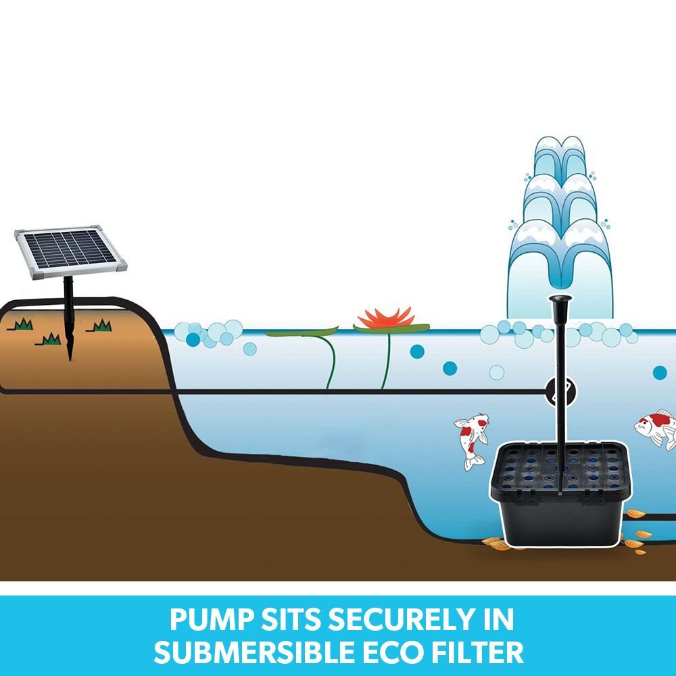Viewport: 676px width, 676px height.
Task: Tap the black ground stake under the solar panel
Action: tap(69, 318)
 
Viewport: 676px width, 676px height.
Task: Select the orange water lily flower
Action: tap(386, 318)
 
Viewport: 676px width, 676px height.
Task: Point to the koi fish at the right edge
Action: tap(657, 427)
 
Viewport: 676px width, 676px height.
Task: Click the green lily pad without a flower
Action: tap(301, 332)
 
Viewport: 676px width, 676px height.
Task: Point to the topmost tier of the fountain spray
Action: tap(560, 155)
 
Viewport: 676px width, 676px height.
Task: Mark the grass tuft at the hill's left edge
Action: tap(22, 325)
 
